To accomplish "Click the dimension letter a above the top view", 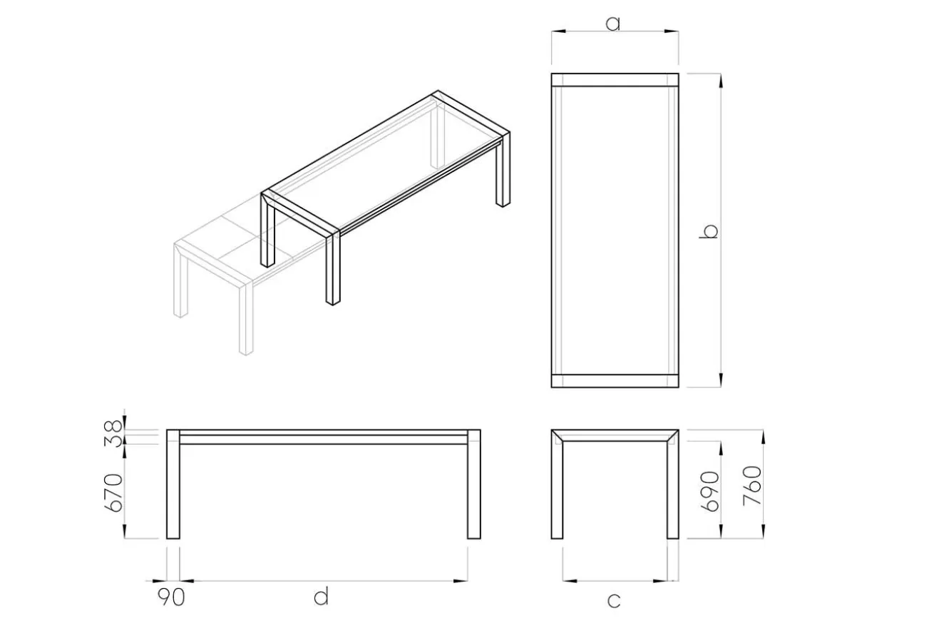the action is point(612,24).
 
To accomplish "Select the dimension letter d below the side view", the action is point(321,596).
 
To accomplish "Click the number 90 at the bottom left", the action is point(171,597).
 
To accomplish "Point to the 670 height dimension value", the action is point(113,492).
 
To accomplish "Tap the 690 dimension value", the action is point(710,491).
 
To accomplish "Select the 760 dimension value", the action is point(752,486).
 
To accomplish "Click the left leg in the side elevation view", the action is point(173,484).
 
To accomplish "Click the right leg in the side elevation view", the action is point(473,484).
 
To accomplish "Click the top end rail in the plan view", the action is point(615,80).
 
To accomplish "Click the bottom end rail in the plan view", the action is point(615,381).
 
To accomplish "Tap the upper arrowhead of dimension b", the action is point(721,81).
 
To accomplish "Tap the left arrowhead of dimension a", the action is point(559,31).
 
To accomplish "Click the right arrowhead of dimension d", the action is point(461,580).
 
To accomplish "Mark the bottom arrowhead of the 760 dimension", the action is point(764,531).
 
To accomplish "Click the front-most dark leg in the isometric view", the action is point(333,269).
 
